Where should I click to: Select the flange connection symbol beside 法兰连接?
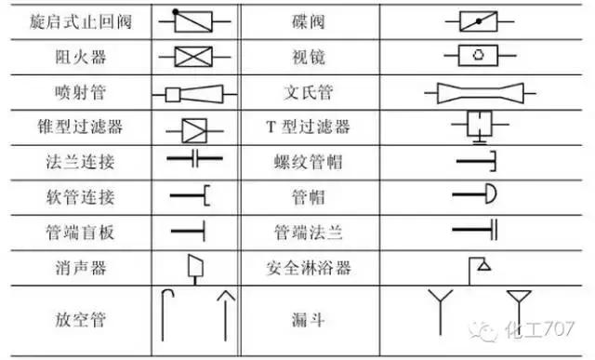coord(193,161)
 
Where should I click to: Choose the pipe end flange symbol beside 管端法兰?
coord(477,229)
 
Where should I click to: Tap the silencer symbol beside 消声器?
coord(194,267)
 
